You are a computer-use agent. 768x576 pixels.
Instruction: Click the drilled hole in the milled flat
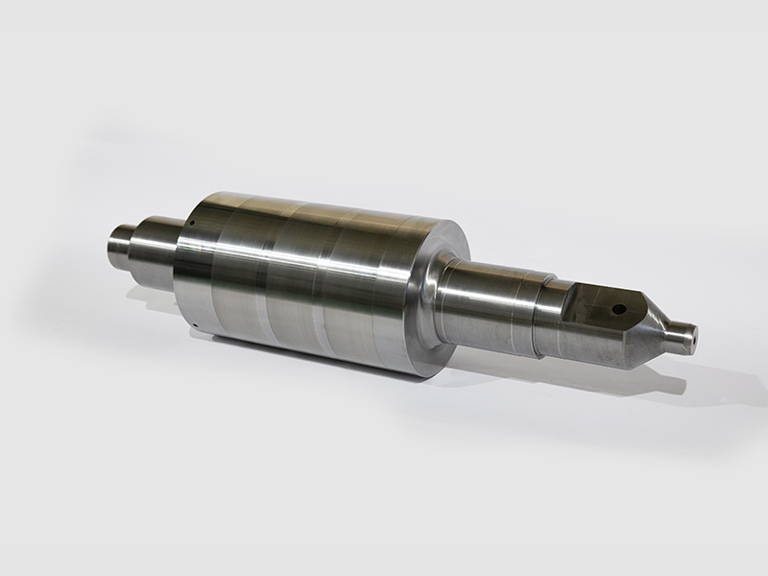(x=619, y=309)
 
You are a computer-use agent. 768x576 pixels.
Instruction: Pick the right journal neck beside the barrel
(x=485, y=302)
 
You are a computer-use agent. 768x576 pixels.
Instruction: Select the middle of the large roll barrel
(x=307, y=278)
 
